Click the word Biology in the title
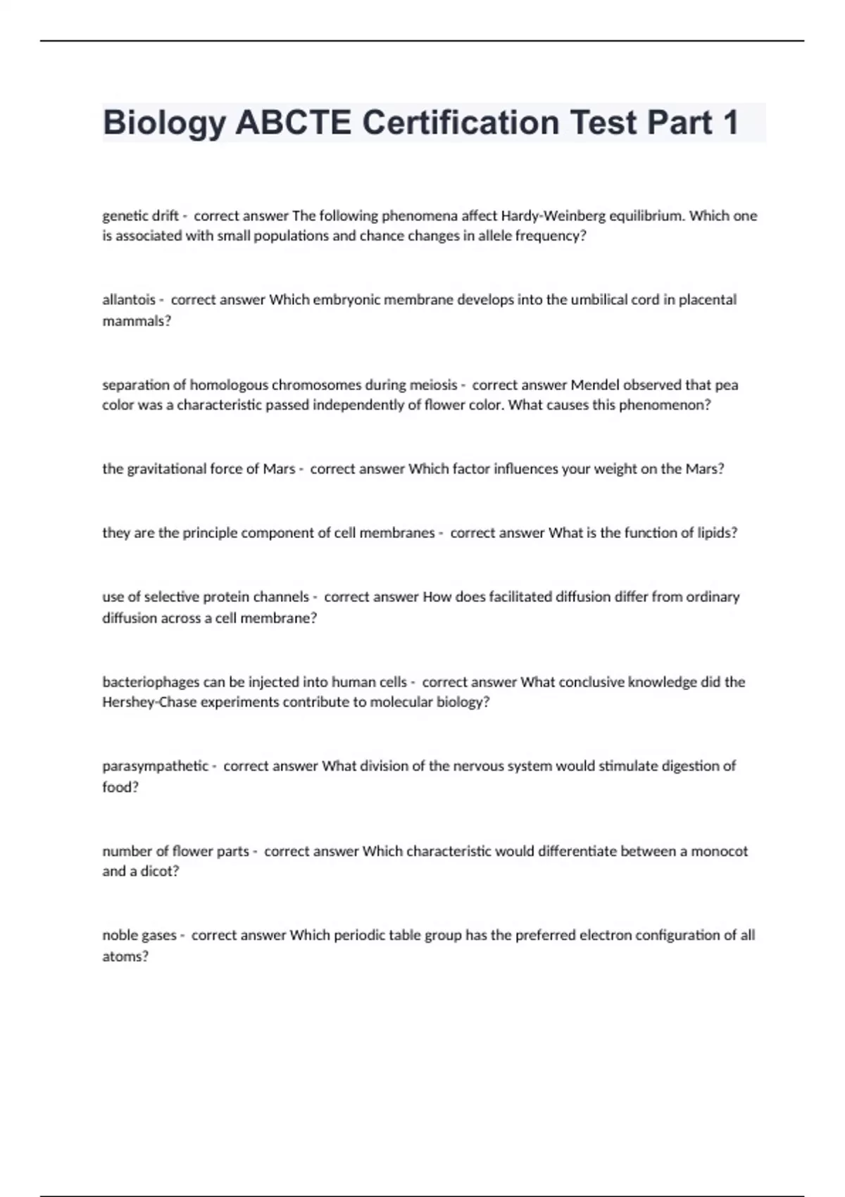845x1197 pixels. tap(164, 123)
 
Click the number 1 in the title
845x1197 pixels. tap(730, 123)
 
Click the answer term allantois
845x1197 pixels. tap(129, 300)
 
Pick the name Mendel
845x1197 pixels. tap(595, 385)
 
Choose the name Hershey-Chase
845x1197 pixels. tap(149, 702)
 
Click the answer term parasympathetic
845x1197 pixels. tap(156, 766)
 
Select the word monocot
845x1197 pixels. tap(719, 851)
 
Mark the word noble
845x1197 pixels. tap(120, 935)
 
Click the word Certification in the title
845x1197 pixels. tap(460, 123)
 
